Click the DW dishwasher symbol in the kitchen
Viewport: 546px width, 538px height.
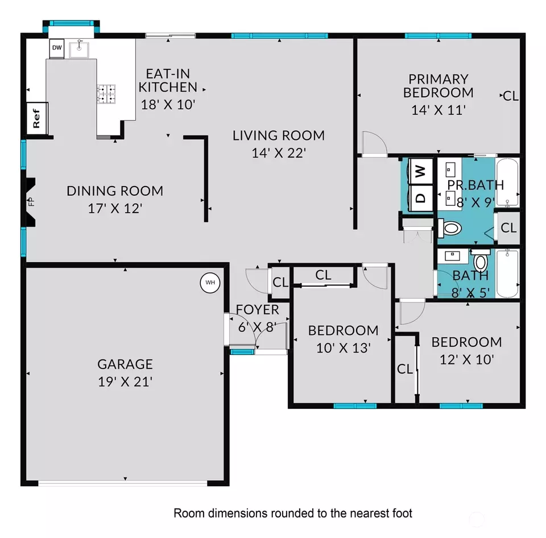tap(57, 48)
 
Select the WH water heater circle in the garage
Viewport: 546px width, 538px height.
tap(210, 282)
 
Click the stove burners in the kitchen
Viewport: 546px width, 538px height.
tap(106, 94)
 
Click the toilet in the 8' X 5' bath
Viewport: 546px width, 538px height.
tap(481, 262)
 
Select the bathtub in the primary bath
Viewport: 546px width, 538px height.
tap(507, 182)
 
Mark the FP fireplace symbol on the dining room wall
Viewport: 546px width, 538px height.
tap(31, 200)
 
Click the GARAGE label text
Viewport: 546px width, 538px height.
tap(125, 364)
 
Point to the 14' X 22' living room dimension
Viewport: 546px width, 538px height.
tap(279, 152)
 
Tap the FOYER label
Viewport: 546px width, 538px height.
tap(258, 310)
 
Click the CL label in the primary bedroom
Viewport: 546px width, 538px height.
tap(511, 96)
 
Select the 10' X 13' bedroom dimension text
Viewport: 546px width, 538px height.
tap(343, 347)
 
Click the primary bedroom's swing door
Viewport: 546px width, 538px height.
tap(374, 143)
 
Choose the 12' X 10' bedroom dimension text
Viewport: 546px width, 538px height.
tap(466, 359)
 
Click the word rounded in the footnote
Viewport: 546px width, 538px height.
tap(287, 513)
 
